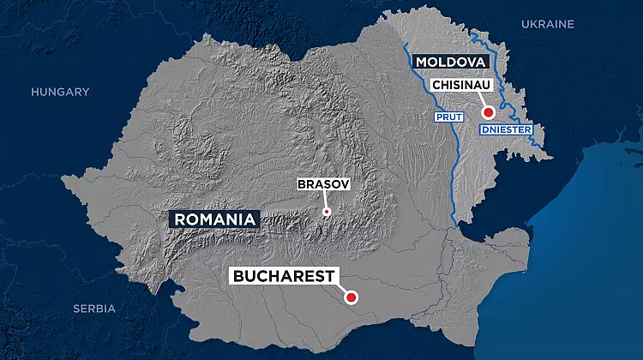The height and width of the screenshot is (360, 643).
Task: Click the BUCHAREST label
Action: (x=283, y=276)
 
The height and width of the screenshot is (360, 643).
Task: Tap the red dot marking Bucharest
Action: (x=350, y=298)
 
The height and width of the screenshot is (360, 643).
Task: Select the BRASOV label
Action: (x=323, y=184)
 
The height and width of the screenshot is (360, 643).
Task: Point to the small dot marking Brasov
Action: (x=326, y=211)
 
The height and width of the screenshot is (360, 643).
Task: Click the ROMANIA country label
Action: (x=215, y=219)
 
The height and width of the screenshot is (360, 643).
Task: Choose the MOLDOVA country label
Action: (x=450, y=63)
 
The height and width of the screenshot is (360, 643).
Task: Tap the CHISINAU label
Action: (x=461, y=85)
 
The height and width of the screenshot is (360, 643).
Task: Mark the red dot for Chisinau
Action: (x=487, y=112)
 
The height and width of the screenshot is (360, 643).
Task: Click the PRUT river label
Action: (x=449, y=117)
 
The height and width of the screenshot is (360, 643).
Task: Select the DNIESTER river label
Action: (x=505, y=129)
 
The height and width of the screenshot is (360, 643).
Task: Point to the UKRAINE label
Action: (x=547, y=24)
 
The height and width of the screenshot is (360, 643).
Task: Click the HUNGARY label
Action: (x=60, y=92)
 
